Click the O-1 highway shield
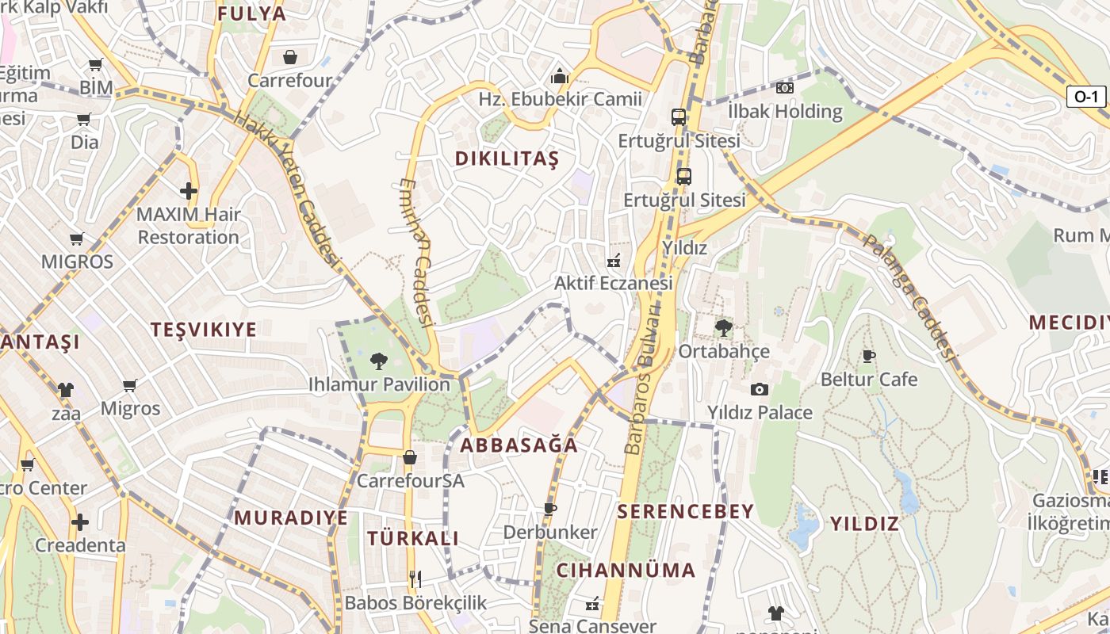tap(1085, 97)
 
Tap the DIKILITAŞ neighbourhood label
tap(507, 158)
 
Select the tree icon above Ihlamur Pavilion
tap(379, 361)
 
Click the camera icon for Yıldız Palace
tap(760, 389)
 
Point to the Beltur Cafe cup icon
tap(868, 356)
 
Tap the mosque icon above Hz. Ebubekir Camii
tap(560, 77)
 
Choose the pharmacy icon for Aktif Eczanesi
tap(613, 260)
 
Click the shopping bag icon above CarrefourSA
tap(410, 457)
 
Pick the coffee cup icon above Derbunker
tap(549, 509)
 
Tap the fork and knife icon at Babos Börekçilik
tap(415, 579)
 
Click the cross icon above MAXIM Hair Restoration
tap(188, 191)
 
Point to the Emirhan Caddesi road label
tap(417, 252)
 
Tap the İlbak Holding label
tap(785, 111)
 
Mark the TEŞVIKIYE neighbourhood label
tap(204, 330)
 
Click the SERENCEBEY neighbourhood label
tap(685, 512)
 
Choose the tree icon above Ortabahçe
tap(722, 327)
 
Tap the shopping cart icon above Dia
tap(84, 120)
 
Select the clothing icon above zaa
tap(65, 390)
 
